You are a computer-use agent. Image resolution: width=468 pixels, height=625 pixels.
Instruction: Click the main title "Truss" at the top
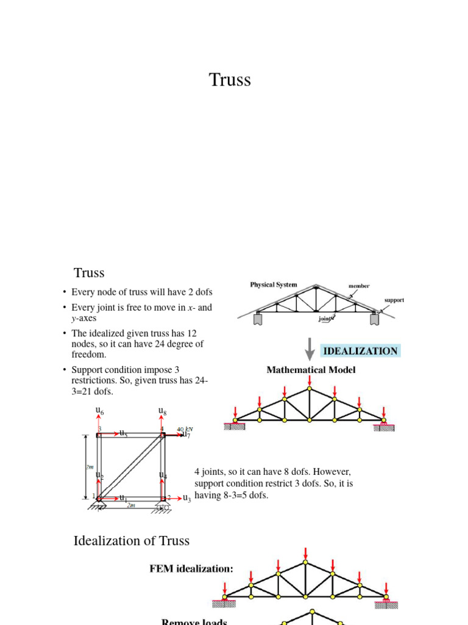(x=230, y=80)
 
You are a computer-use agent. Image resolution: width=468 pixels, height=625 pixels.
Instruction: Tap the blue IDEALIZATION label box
(x=360, y=351)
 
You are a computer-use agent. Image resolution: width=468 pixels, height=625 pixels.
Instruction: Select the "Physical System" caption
(x=274, y=285)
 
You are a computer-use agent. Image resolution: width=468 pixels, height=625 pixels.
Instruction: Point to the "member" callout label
(x=359, y=286)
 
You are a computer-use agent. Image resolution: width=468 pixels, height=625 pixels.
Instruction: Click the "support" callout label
(x=394, y=300)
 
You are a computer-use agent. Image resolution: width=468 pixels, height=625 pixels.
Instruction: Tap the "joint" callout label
(x=326, y=318)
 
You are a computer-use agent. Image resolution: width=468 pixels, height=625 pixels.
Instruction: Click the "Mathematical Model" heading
(x=311, y=370)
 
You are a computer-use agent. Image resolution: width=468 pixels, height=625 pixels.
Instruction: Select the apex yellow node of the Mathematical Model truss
(x=310, y=388)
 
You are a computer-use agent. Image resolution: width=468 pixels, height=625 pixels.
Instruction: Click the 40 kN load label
(x=184, y=429)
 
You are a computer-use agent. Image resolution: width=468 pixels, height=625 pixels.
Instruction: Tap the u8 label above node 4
(x=162, y=411)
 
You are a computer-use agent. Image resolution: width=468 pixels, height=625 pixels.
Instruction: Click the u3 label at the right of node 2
(x=186, y=498)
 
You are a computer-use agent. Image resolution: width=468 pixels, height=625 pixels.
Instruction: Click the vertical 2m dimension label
(x=88, y=467)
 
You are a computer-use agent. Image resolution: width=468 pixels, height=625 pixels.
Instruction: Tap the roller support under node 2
(x=163, y=507)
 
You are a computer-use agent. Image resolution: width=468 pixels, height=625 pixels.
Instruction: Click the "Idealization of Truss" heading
(x=132, y=541)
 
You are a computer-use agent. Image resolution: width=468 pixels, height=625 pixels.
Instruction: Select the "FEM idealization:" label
(x=191, y=569)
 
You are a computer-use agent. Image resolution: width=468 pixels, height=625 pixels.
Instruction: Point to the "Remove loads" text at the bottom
(x=194, y=621)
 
